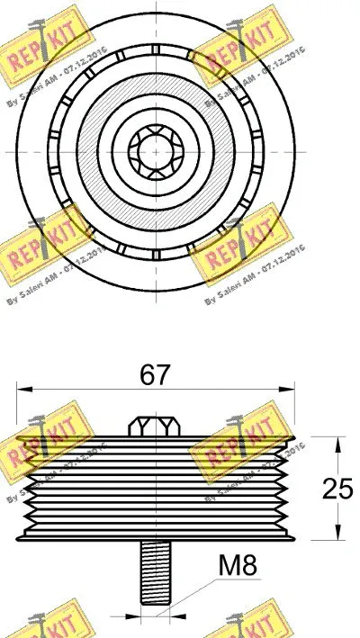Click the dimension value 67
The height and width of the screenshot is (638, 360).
[156, 375]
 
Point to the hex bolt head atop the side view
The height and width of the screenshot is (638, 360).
[156, 425]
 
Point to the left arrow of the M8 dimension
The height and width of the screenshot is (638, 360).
[135, 618]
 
